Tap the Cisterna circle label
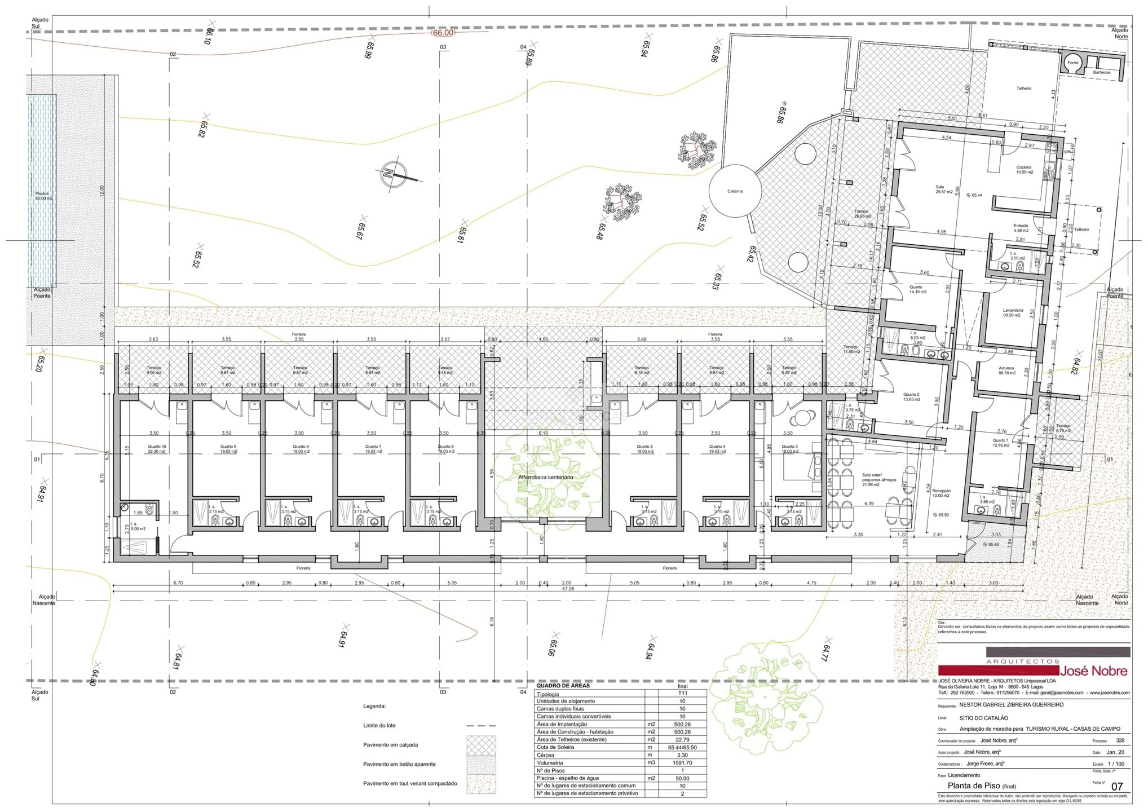point(735,191)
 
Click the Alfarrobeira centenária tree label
point(545,477)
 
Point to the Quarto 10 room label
point(158,449)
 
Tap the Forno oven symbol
point(1072,63)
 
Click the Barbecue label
point(1102,72)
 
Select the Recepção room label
point(941,493)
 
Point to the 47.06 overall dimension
point(568,589)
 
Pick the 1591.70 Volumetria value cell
point(682,762)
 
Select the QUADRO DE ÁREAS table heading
point(563,686)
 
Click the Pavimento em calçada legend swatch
point(481,745)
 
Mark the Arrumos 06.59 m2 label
point(1006,370)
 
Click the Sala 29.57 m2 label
point(939,189)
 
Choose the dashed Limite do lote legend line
point(481,726)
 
